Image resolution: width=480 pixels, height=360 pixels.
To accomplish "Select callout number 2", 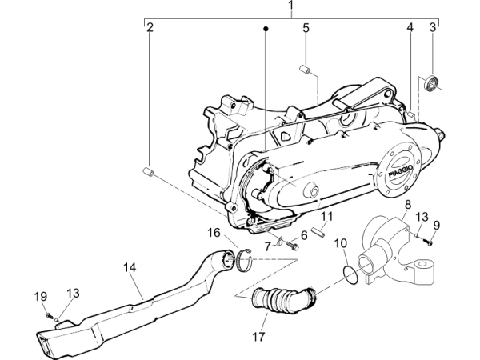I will tap(150, 28).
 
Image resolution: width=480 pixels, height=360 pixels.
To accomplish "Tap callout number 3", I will tap(433, 28).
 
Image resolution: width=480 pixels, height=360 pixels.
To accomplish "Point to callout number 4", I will tap(410, 28).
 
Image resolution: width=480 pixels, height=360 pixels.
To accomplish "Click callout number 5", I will tap(306, 29).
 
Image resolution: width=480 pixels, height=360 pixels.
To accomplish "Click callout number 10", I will tap(340, 242).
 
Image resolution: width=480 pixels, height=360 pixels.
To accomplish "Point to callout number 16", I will tap(214, 233).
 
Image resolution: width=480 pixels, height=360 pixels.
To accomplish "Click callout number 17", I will tap(258, 337).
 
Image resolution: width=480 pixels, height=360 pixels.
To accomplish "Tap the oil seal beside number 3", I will tap(433, 82).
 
